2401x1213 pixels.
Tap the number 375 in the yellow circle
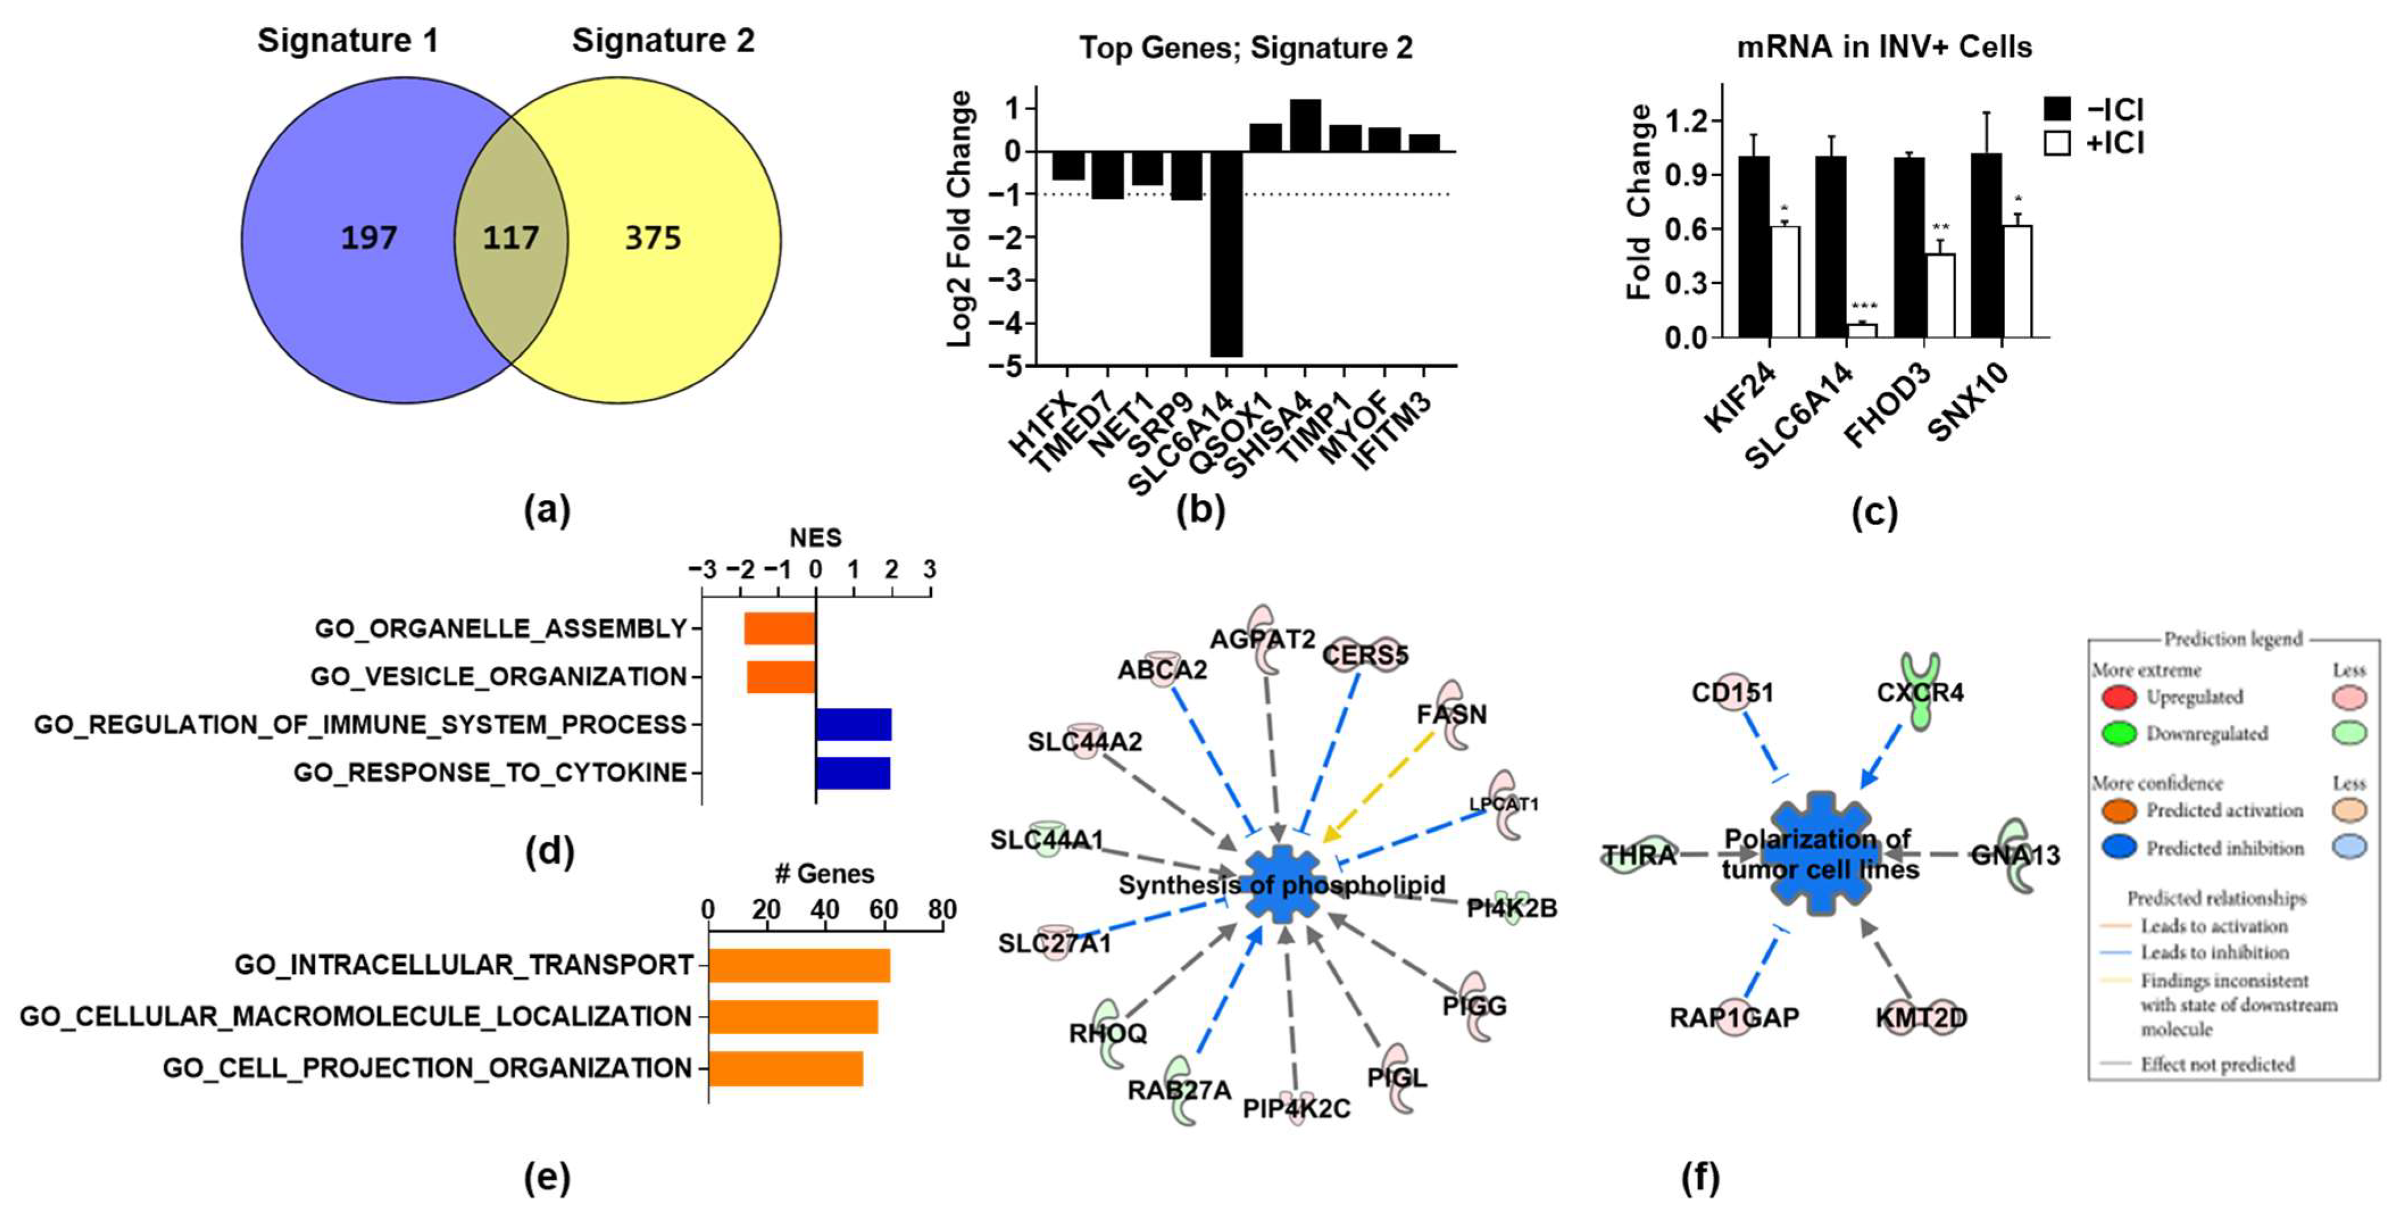point(652,239)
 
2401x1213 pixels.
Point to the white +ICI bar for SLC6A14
point(1861,330)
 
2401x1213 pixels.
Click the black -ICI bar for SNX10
point(1985,244)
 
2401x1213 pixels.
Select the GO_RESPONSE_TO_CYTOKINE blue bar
point(853,773)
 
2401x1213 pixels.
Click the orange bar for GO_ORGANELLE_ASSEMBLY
point(779,628)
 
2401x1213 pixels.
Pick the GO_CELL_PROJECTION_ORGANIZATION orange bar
point(786,1069)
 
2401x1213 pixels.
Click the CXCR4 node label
point(1919,693)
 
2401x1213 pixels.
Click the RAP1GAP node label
point(1733,1017)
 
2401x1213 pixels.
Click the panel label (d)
point(548,851)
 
